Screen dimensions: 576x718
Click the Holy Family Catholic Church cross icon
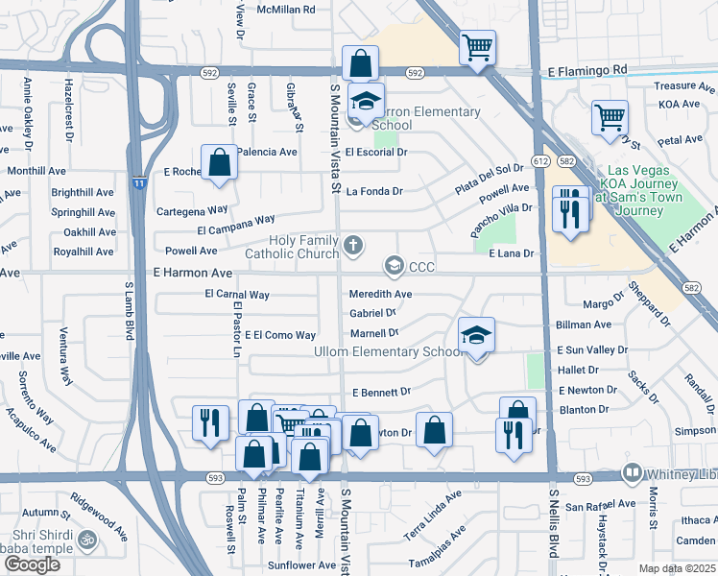click(353, 245)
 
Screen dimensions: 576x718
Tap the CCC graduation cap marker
click(394, 265)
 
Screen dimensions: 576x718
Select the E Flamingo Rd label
click(587, 70)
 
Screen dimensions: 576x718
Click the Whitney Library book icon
click(633, 472)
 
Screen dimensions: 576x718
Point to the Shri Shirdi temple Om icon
click(87, 540)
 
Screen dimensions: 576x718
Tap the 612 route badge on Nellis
click(542, 161)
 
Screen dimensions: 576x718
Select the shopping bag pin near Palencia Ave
click(219, 163)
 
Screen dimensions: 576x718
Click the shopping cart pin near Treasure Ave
click(610, 118)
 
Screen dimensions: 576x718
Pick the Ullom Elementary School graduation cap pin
click(476, 336)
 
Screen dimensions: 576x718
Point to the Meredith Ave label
click(380, 294)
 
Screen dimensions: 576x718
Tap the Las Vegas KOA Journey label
click(641, 189)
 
